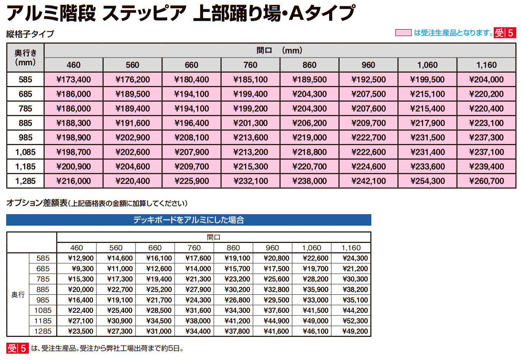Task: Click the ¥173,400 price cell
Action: click(x=74, y=79)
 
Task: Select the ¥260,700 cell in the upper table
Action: click(x=486, y=181)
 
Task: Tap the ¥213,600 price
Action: click(x=251, y=137)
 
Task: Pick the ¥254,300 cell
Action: click(x=427, y=181)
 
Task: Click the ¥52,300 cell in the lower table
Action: click(x=355, y=321)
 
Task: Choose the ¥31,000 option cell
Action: click(x=159, y=331)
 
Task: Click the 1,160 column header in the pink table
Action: click(x=486, y=65)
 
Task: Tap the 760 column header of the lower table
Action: click(x=194, y=248)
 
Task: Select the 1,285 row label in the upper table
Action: click(x=25, y=181)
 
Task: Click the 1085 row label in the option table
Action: click(x=43, y=310)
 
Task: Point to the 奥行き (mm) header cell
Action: click(x=25, y=58)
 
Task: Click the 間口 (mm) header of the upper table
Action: click(x=279, y=50)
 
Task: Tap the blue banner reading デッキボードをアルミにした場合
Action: click(x=188, y=220)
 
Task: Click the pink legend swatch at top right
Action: click(x=403, y=33)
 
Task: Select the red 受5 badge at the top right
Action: click(x=505, y=33)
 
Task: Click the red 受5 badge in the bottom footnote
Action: click(x=18, y=348)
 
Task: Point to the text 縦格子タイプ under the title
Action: click(x=30, y=34)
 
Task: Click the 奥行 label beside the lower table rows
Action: click(x=18, y=295)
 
